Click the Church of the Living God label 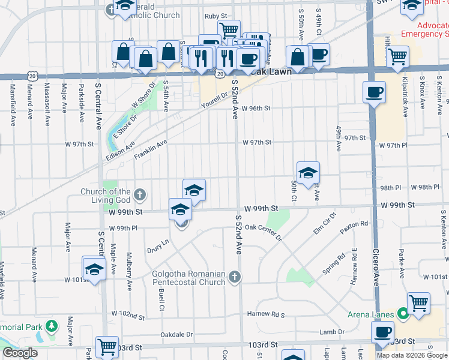click(106, 196)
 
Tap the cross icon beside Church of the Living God click(140, 194)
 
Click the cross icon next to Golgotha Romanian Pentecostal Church click(235, 277)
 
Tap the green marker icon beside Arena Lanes click(403, 313)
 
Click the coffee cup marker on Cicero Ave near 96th click(374, 92)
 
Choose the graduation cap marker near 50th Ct click(308, 172)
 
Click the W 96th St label click(257, 109)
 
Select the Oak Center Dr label click(263, 232)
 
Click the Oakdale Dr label click(176, 334)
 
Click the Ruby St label click(215, 16)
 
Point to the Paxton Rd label click(354, 228)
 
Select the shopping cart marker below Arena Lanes click(418, 303)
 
